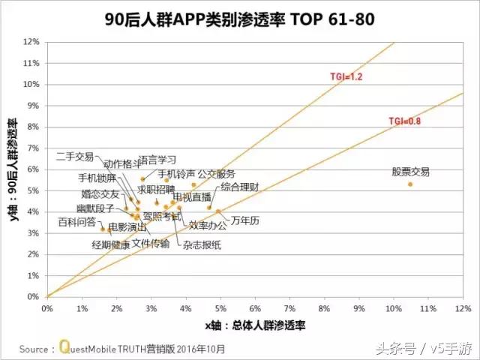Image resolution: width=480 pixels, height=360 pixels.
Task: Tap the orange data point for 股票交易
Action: pyautogui.click(x=410, y=184)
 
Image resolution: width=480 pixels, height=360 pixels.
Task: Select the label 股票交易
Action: pyautogui.click(x=411, y=172)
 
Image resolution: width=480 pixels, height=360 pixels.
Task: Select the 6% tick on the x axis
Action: pyautogui.click(x=255, y=307)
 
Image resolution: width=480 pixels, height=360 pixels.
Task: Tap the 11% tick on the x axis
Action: pyautogui.click(x=427, y=307)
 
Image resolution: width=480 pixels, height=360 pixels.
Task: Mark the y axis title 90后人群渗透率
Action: pyautogui.click(x=13, y=169)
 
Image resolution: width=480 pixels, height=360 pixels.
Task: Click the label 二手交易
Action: pyautogui.click(x=75, y=156)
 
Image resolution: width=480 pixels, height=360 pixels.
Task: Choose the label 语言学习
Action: pyautogui.click(x=157, y=160)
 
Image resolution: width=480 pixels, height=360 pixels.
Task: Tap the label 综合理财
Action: pyautogui.click(x=240, y=186)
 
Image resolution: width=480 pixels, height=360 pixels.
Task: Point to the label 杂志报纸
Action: pyautogui.click(x=202, y=244)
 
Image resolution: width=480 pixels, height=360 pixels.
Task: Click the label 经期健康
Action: pyautogui.click(x=111, y=244)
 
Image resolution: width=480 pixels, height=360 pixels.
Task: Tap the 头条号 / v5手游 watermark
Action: pyautogui.click(x=424, y=348)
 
